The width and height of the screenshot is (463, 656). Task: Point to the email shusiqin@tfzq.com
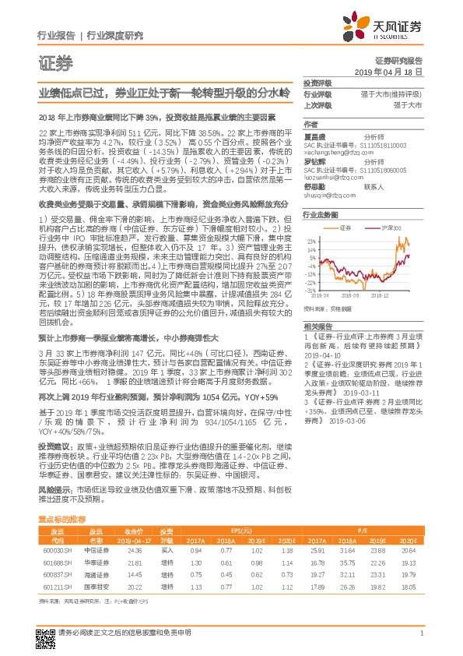coord(325,196)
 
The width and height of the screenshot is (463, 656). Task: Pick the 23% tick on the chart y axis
coord(311,242)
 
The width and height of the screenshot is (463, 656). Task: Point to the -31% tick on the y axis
coord(311,289)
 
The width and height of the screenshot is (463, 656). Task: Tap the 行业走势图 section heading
coord(321,213)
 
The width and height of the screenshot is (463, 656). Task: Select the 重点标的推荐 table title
coord(62,518)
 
